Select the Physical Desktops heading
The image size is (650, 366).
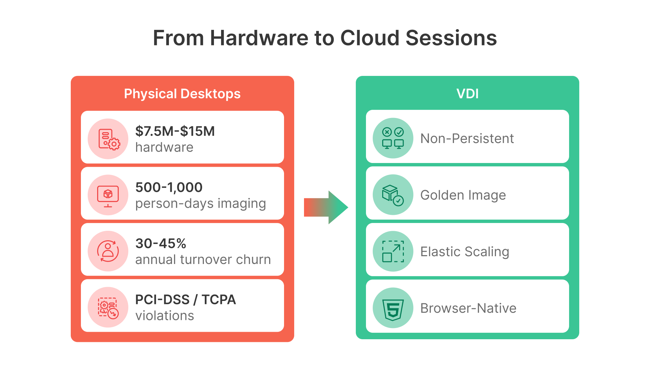click(x=182, y=94)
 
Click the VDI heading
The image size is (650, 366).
click(x=467, y=94)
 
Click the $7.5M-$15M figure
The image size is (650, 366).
click(x=175, y=131)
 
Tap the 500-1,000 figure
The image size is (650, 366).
click(x=169, y=187)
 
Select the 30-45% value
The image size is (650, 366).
click(x=161, y=243)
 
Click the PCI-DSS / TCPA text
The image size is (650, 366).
click(x=185, y=300)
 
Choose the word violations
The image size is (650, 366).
click(x=165, y=316)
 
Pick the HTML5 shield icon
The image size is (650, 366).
click(x=393, y=308)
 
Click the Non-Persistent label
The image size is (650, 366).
click(x=467, y=138)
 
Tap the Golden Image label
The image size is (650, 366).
click(x=463, y=195)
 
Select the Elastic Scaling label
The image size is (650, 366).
click(x=464, y=251)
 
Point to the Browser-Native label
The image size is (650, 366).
click(x=468, y=308)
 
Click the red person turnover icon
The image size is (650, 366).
click(x=108, y=251)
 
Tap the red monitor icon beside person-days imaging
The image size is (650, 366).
click(x=108, y=195)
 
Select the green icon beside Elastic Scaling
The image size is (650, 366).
click(x=393, y=251)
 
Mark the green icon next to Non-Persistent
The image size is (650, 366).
click(x=393, y=138)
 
